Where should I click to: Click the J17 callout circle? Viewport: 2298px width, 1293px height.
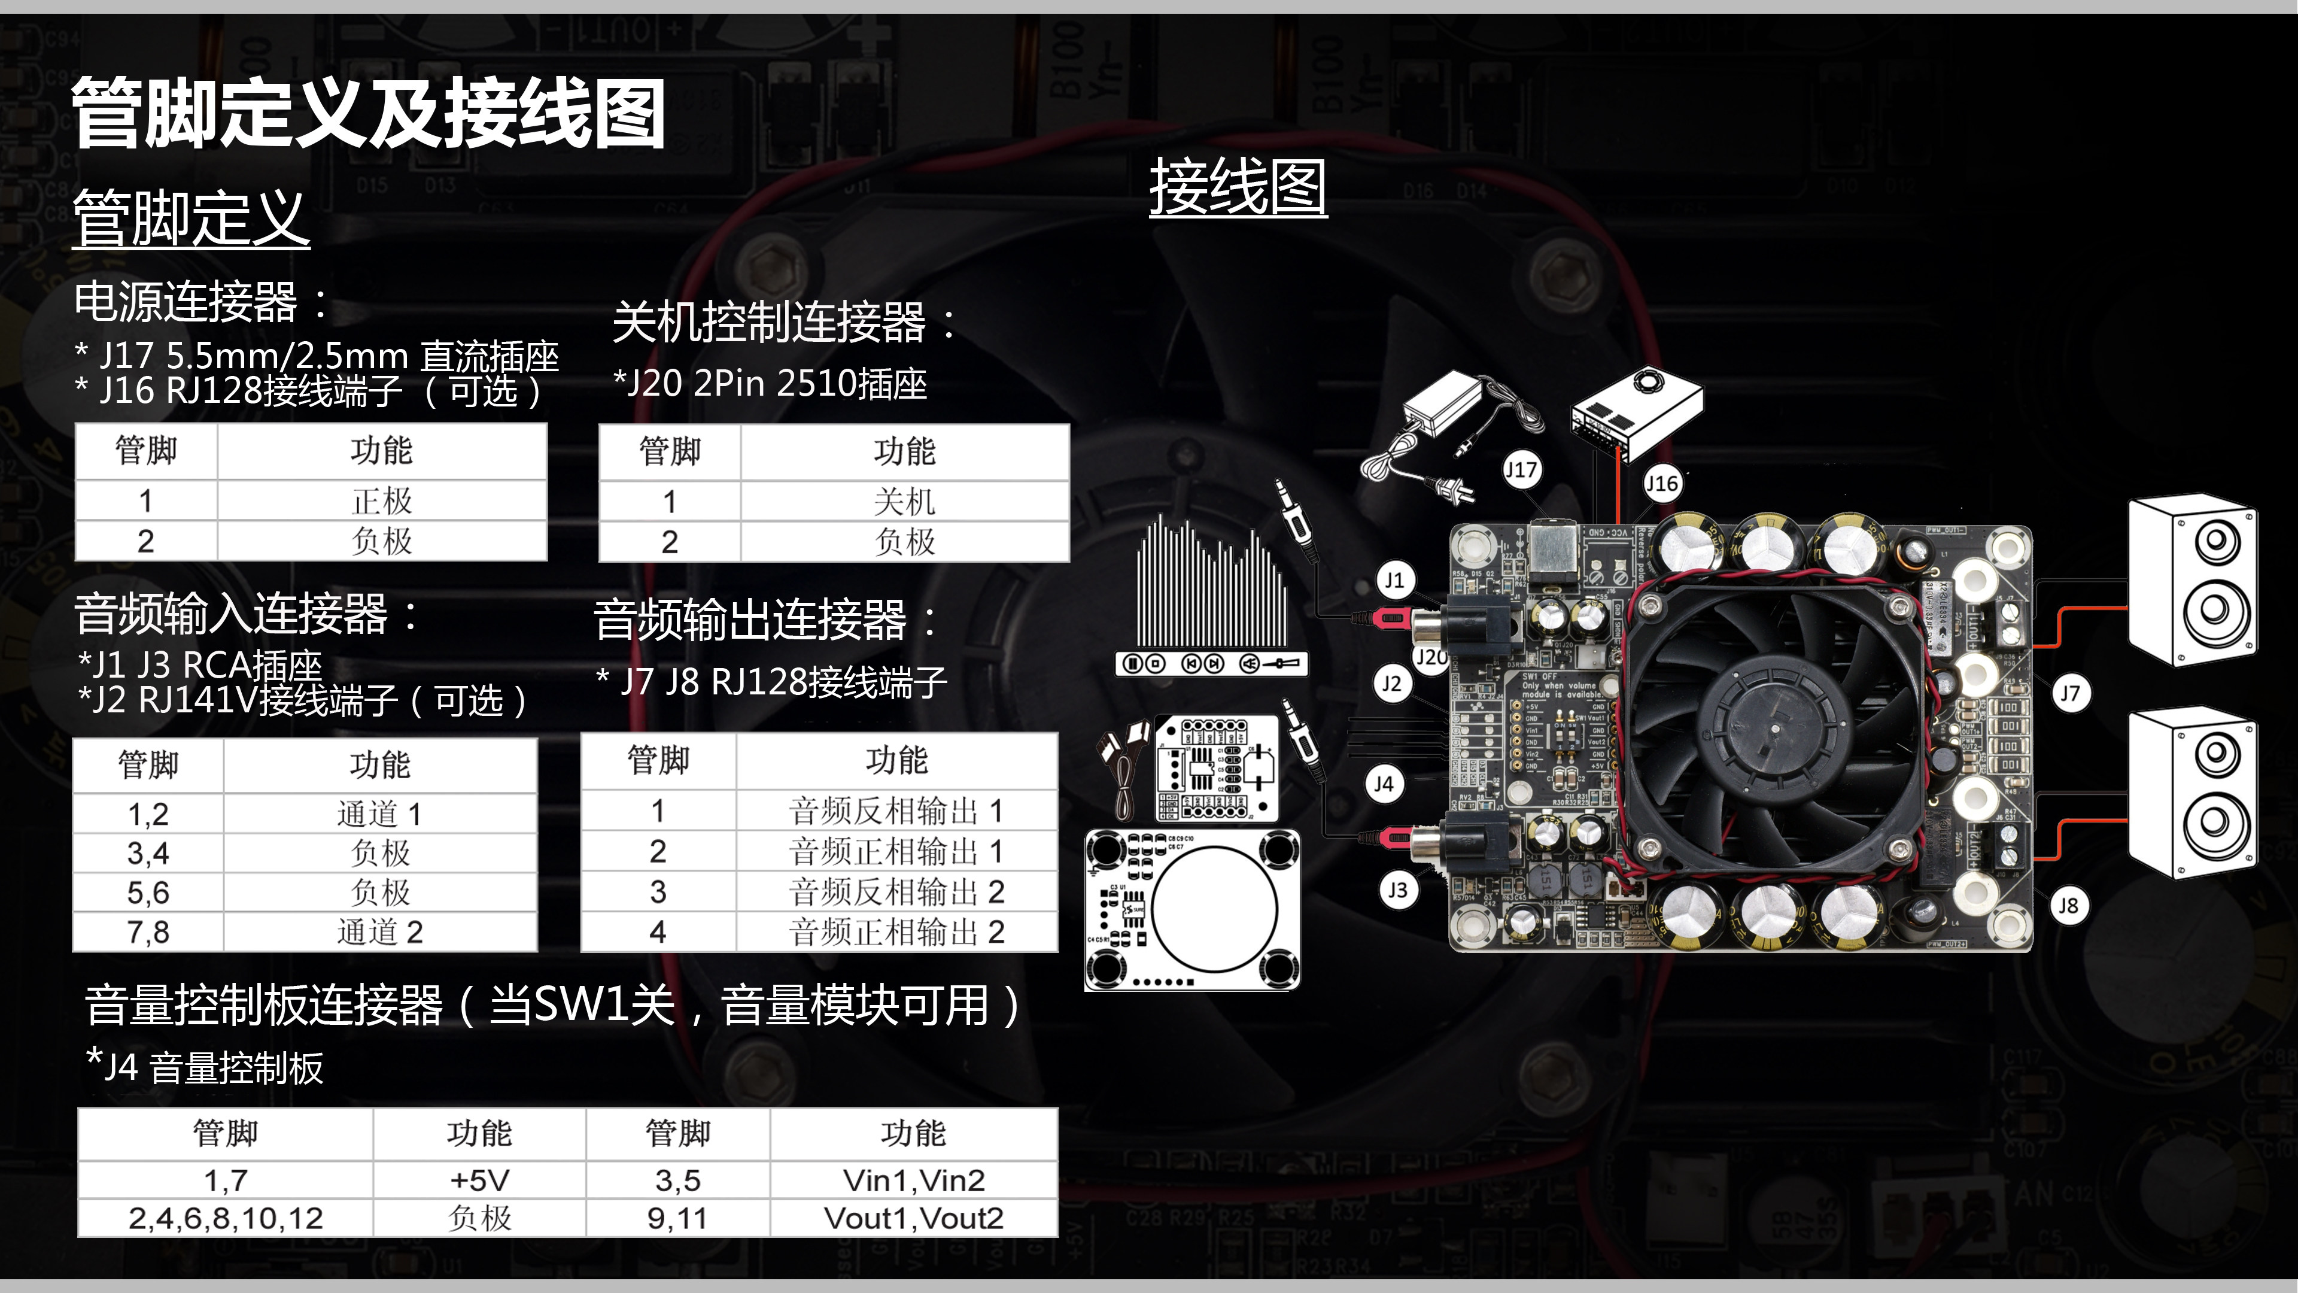click(x=1521, y=469)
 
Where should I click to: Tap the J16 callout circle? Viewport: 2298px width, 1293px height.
click(x=1661, y=484)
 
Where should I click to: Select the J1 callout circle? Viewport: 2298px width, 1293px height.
click(x=1394, y=580)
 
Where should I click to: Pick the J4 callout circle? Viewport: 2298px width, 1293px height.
click(x=1384, y=784)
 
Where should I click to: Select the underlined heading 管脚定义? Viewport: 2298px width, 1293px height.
click(x=191, y=218)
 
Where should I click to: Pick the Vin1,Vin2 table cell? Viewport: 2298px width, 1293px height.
click(x=913, y=1180)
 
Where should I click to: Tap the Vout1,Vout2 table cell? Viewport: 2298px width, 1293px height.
click(x=913, y=1218)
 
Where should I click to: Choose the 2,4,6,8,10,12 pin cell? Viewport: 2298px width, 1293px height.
click(x=225, y=1218)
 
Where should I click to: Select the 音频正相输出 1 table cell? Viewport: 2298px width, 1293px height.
click(x=896, y=851)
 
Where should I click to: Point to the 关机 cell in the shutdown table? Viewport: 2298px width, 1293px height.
click(x=905, y=502)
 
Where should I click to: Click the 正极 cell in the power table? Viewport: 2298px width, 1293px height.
click(x=382, y=500)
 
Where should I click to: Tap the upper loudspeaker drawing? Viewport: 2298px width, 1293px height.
click(x=2192, y=580)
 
